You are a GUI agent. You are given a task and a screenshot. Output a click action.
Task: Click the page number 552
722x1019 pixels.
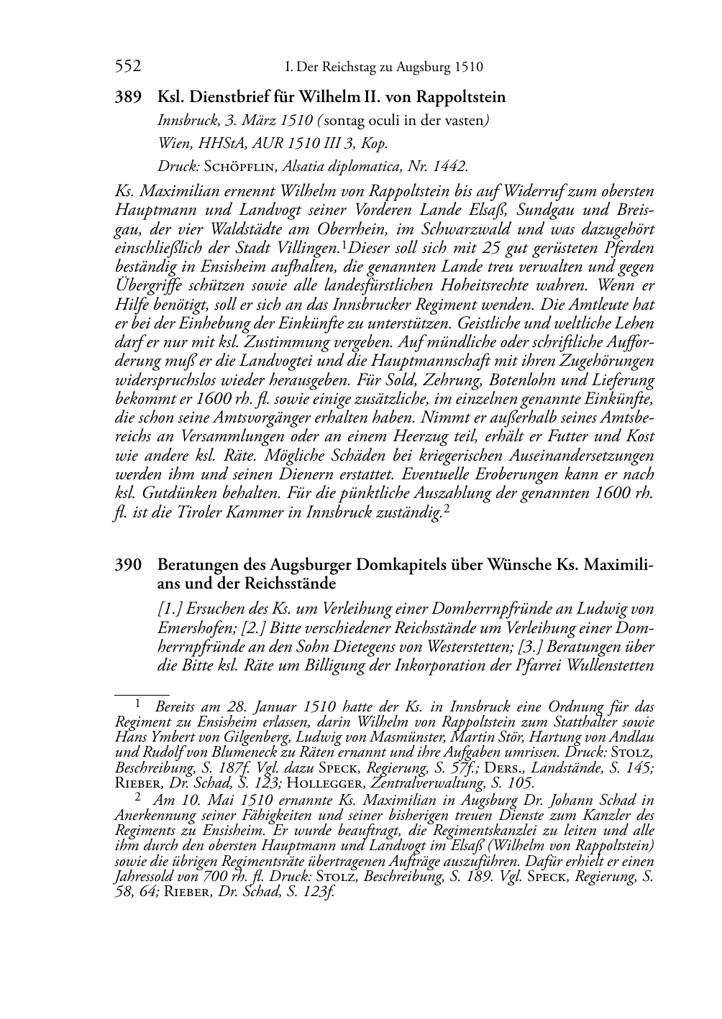click(x=128, y=67)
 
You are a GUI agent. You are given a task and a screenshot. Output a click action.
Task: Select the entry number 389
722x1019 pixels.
click(x=128, y=97)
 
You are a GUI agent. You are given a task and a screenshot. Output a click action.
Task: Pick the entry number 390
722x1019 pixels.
click(x=128, y=566)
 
